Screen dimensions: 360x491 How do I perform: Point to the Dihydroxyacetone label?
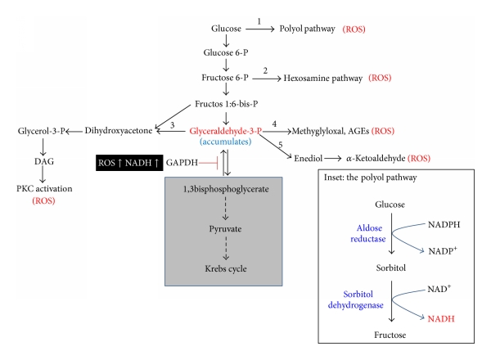116,131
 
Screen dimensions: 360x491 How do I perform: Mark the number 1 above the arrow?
259,20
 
